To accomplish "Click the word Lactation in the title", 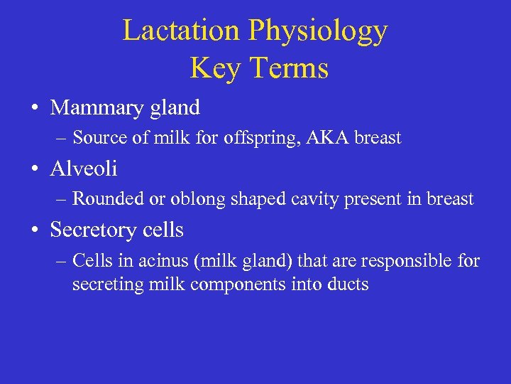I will point(181,31).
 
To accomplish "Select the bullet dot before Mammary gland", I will point(34,109).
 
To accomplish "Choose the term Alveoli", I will point(84,169).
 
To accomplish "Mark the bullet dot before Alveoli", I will point(34,170).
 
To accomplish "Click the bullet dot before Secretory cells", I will point(34,231).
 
